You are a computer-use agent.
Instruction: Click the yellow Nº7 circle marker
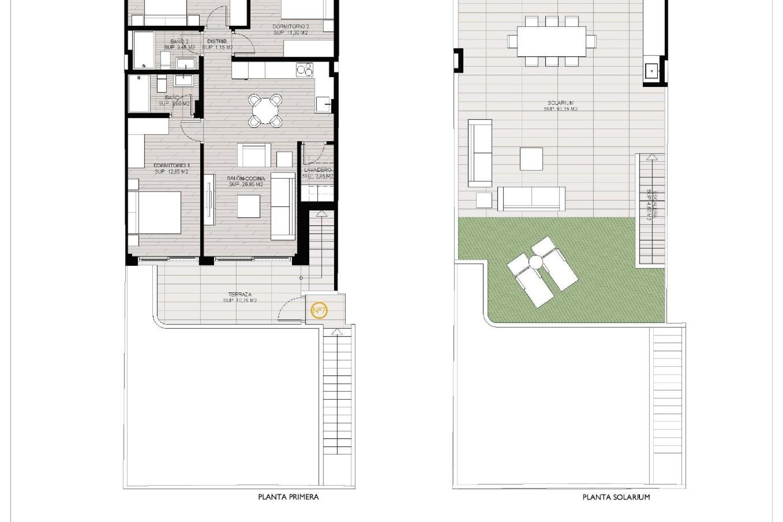click(x=319, y=311)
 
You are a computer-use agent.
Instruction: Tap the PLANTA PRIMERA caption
click(x=288, y=497)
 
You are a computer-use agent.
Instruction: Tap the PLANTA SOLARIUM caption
click(x=616, y=497)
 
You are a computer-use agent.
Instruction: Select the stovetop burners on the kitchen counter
click(x=305, y=70)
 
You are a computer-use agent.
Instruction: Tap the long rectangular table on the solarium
click(x=551, y=41)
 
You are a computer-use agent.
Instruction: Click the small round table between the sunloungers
click(x=536, y=261)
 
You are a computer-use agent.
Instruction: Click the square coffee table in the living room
click(x=248, y=206)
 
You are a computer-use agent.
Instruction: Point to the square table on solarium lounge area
click(x=531, y=159)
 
